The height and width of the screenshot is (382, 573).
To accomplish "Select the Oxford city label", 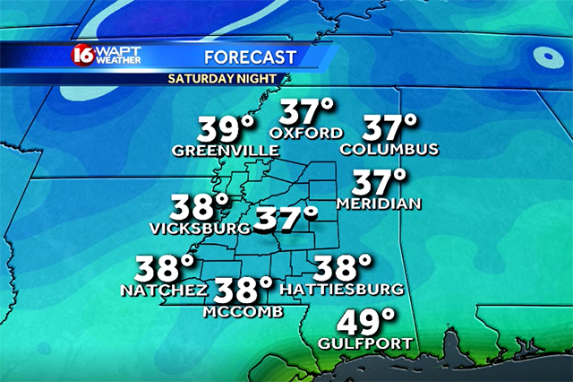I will coord(306,134).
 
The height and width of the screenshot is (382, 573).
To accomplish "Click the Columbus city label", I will coord(389,148).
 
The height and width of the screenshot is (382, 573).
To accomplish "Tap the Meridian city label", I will coord(378,204).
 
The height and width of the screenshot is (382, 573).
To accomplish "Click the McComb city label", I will coord(243,311).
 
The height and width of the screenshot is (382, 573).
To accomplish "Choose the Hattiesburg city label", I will coord(341,290).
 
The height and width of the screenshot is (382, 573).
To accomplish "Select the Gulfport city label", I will coord(365,343).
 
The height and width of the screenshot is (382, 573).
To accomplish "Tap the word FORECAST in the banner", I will coord(250,58).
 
